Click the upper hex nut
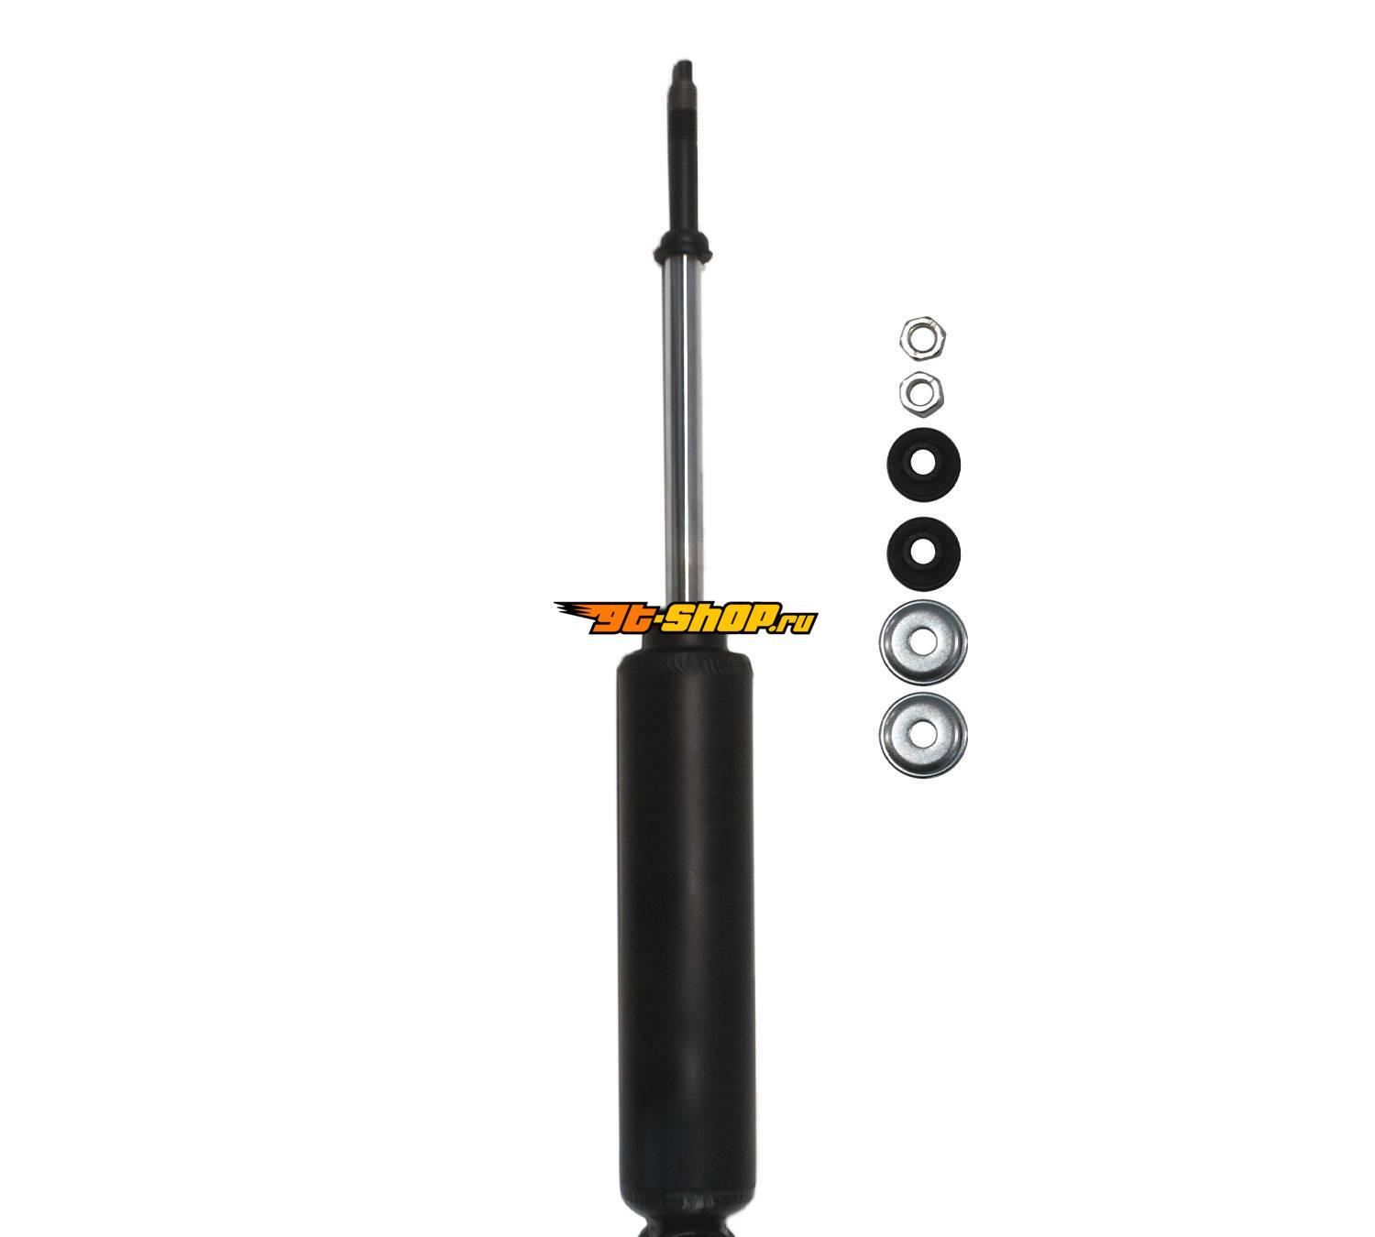tap(922, 338)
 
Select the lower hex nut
tap(922, 394)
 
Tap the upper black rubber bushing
tap(923, 465)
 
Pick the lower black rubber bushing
tap(923, 553)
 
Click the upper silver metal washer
tap(923, 642)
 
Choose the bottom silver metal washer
tap(923, 735)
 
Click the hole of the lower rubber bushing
tap(923, 553)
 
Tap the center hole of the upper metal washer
tap(922, 642)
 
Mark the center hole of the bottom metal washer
tap(922, 735)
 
